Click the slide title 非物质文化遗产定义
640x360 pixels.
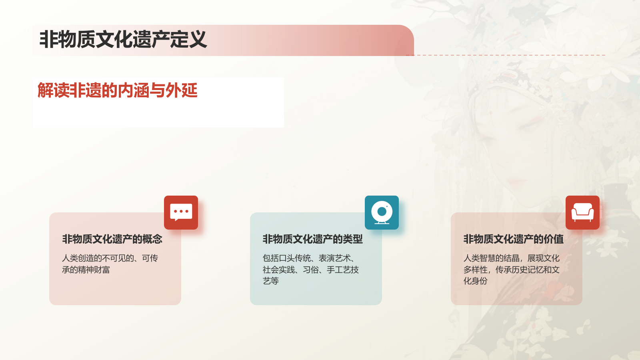pyautogui.click(x=123, y=40)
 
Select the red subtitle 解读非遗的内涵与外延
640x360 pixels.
pyautogui.click(x=117, y=90)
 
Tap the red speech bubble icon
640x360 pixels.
pyautogui.click(x=181, y=212)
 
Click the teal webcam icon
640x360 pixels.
pyautogui.click(x=382, y=212)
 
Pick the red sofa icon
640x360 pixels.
pyautogui.click(x=582, y=212)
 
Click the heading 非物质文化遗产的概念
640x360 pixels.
pyautogui.click(x=112, y=239)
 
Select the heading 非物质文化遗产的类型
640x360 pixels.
pyautogui.click(x=312, y=239)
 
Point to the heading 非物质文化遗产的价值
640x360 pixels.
pyautogui.click(x=513, y=239)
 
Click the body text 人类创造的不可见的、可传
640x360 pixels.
pyautogui.click(x=110, y=258)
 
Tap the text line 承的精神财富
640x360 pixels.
pyautogui.click(x=86, y=270)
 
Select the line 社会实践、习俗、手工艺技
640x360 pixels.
pyautogui.click(x=311, y=270)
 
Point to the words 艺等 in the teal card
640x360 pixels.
pyautogui.click(x=271, y=281)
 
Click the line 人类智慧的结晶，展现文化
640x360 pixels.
pyautogui.click(x=512, y=258)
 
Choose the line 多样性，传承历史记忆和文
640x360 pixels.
pyautogui.click(x=512, y=270)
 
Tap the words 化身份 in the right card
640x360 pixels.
pyautogui.click(x=476, y=281)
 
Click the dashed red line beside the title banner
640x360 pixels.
pyautogui.click(x=508, y=55)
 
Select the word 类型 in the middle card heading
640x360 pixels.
pyautogui.click(x=353, y=239)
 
